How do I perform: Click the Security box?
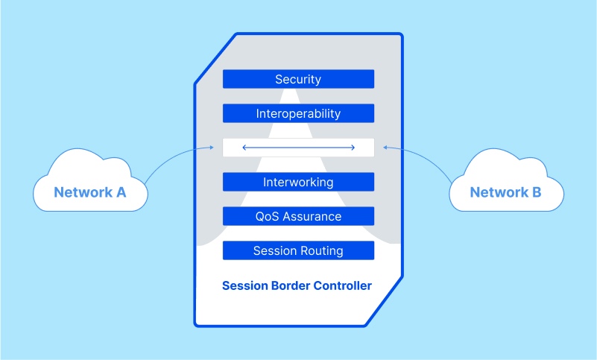(x=298, y=79)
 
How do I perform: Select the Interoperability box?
(x=298, y=113)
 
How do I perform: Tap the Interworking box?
(x=298, y=182)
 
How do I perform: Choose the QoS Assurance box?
(x=298, y=216)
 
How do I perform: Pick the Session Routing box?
(x=298, y=250)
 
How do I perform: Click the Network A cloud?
(x=89, y=186)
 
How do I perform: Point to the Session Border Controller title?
(x=297, y=285)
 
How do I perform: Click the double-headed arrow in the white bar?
(x=298, y=148)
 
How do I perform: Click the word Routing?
(x=321, y=251)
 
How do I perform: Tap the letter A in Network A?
(x=120, y=192)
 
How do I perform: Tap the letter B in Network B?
(x=536, y=192)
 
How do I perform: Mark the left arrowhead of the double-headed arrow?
(x=244, y=148)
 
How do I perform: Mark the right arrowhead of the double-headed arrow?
(x=353, y=148)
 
